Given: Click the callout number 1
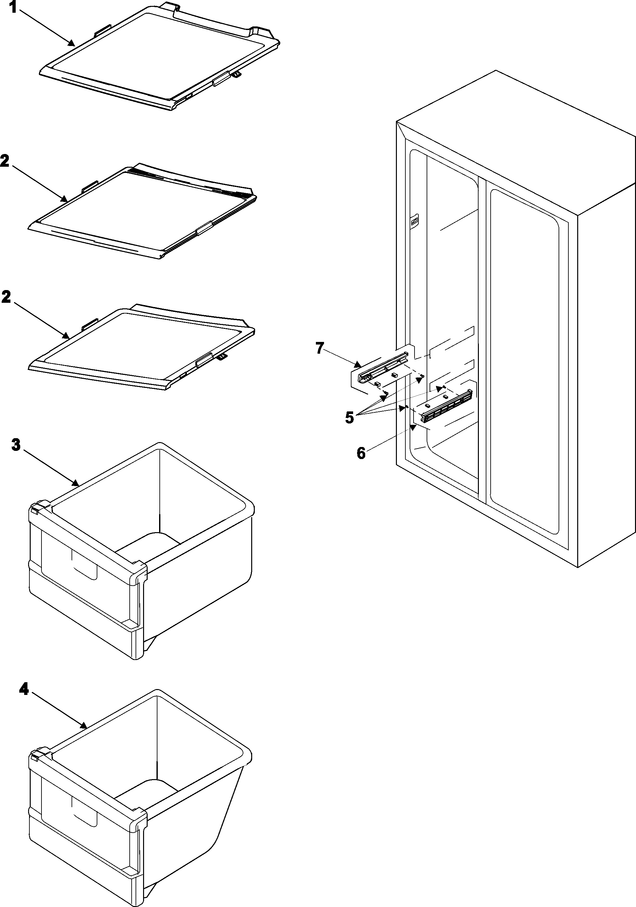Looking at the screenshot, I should (x=13, y=7).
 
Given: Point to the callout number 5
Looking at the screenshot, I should (x=349, y=417).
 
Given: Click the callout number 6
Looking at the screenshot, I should (x=361, y=453).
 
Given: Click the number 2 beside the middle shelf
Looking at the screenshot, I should (x=6, y=297).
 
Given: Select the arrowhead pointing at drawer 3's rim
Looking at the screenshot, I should (x=76, y=482).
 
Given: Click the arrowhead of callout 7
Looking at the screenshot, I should (x=358, y=364).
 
